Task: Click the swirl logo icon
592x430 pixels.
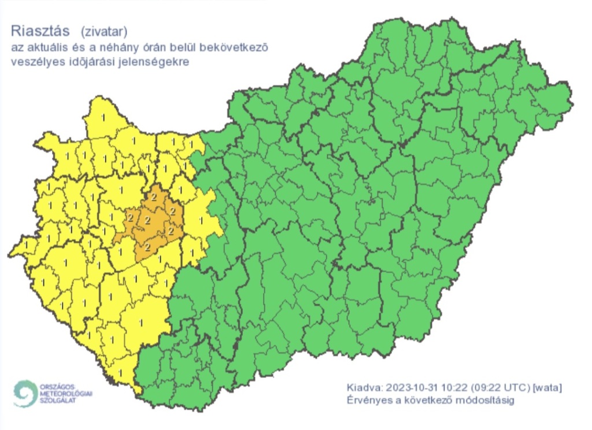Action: point(24,392)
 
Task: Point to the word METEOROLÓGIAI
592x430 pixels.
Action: point(66,392)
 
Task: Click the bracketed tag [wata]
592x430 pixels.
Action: point(547,387)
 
